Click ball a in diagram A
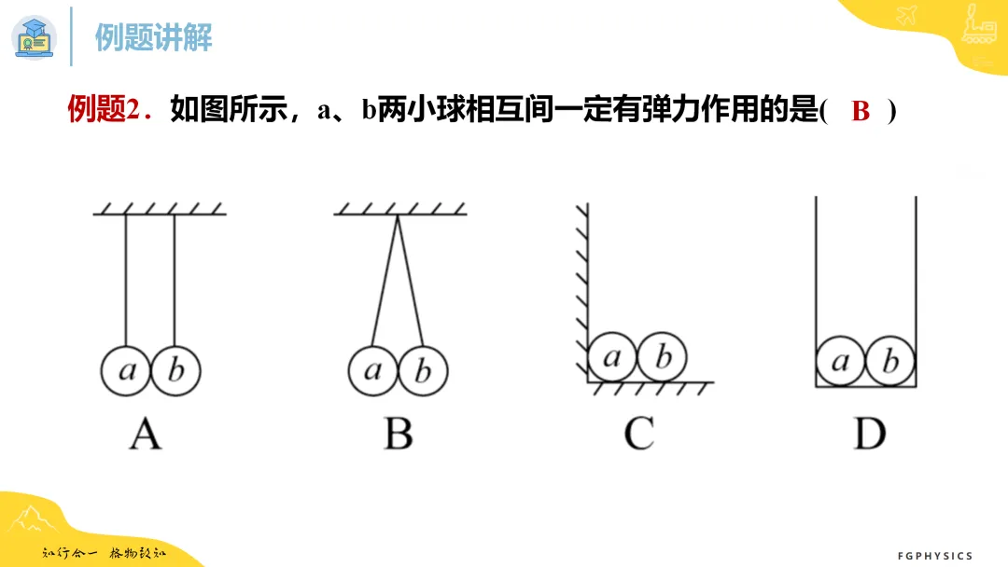[126, 370]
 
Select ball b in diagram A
[175, 370]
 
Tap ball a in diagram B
[373, 370]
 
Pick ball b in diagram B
[423, 370]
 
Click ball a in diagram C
[612, 357]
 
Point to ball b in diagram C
[662, 357]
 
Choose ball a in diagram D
[841, 362]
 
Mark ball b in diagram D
[890, 362]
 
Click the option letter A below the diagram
[146, 434]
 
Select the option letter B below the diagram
[399, 434]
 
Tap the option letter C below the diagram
[639, 434]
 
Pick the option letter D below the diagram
[870, 434]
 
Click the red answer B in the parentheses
[861, 111]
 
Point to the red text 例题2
[110, 109]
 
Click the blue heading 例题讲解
[154, 37]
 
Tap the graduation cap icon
[35, 37]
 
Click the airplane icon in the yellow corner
[907, 14]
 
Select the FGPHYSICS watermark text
[935, 556]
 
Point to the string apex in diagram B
[398, 215]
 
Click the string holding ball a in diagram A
[126, 280]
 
